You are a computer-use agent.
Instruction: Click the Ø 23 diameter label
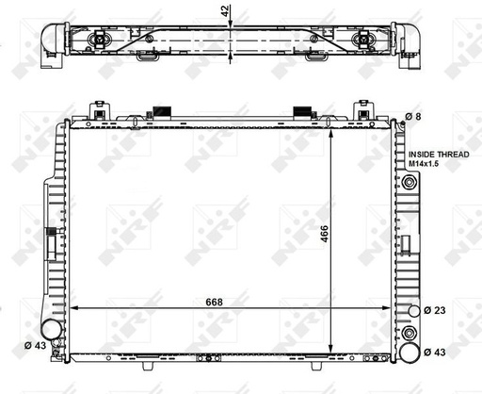tap(435, 310)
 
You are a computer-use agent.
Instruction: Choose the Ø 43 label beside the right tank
tap(435, 352)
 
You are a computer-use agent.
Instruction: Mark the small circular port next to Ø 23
tap(409, 310)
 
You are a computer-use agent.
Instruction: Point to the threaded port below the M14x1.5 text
tap(409, 181)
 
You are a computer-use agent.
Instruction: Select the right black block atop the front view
tap(303, 110)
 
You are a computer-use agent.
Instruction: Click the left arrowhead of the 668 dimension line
tap(75, 310)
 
